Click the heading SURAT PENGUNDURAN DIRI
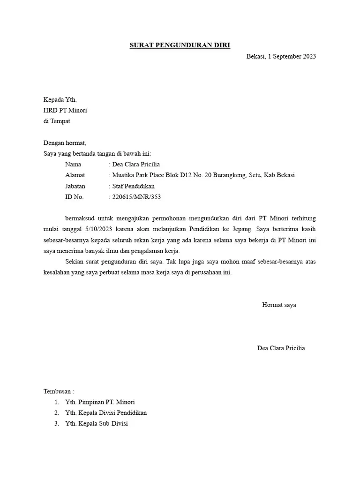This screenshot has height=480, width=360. click(x=180, y=45)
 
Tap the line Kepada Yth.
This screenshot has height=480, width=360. click(x=60, y=100)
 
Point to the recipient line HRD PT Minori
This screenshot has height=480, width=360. click(x=65, y=111)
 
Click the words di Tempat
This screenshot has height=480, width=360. click(x=57, y=121)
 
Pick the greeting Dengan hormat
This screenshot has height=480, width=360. click(x=65, y=143)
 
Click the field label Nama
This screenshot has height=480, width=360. click(x=73, y=164)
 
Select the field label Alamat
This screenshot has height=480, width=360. click(x=75, y=175)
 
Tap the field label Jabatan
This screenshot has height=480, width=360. click(x=75, y=186)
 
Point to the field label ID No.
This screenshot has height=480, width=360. click(x=74, y=197)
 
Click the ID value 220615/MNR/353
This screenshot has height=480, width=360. click(x=136, y=197)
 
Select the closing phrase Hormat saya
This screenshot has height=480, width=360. click(x=279, y=305)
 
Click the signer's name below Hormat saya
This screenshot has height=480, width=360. click(x=281, y=348)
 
